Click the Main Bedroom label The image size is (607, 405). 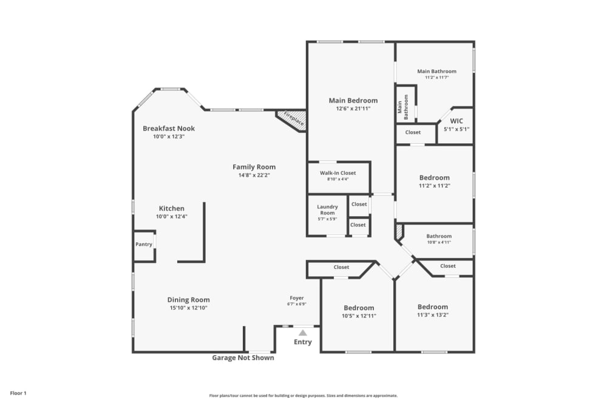[x=353, y=101]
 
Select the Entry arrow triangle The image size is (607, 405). [x=302, y=333]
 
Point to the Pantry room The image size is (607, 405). [x=144, y=245]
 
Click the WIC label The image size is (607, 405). [x=456, y=121]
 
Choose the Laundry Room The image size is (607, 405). [x=327, y=213]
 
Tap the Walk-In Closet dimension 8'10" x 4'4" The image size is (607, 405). [x=338, y=179]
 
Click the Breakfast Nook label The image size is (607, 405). [x=169, y=128]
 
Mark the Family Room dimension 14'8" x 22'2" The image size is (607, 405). [x=254, y=175]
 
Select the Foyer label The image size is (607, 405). [x=296, y=298]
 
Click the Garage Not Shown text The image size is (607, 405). [x=243, y=358]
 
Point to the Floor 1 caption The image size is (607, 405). [x=18, y=393]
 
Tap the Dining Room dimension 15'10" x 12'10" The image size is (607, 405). [x=189, y=308]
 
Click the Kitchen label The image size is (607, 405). [x=171, y=208]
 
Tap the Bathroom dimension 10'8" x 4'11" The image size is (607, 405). [x=438, y=242]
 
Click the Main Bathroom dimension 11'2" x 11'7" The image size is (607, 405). [x=436, y=78]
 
